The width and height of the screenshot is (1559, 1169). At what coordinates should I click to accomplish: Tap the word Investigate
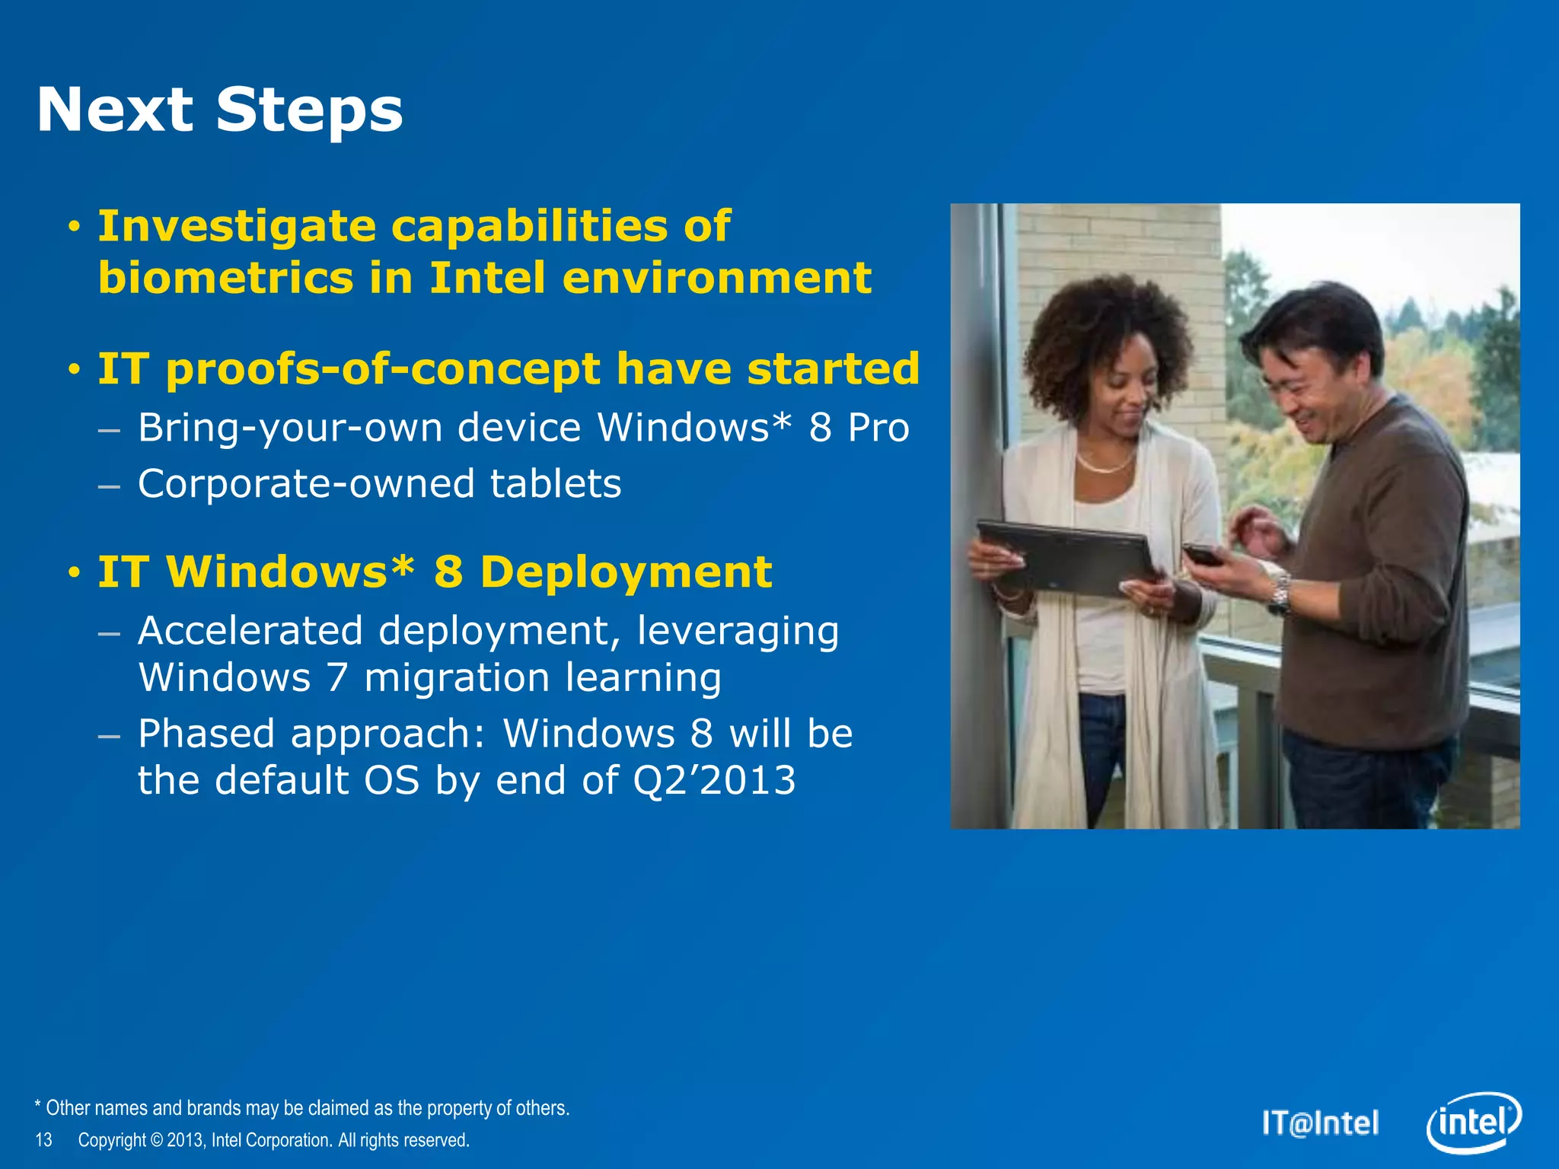(x=237, y=227)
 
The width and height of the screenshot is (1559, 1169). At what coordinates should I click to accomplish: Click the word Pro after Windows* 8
(x=878, y=428)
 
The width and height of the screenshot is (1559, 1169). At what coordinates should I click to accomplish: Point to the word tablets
(x=555, y=484)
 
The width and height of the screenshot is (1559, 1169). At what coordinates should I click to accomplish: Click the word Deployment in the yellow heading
(x=625, y=572)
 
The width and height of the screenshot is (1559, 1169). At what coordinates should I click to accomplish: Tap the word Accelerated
(x=250, y=631)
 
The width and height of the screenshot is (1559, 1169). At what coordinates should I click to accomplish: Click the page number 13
(x=44, y=1140)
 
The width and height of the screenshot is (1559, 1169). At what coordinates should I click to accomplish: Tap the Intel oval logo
(x=1473, y=1123)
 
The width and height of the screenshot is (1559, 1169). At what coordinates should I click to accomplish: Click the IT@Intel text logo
(x=1320, y=1123)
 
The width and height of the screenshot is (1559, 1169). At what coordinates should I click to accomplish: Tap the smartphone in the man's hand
(x=1201, y=554)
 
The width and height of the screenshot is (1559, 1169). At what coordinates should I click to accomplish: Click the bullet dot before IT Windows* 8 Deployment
(x=74, y=573)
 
